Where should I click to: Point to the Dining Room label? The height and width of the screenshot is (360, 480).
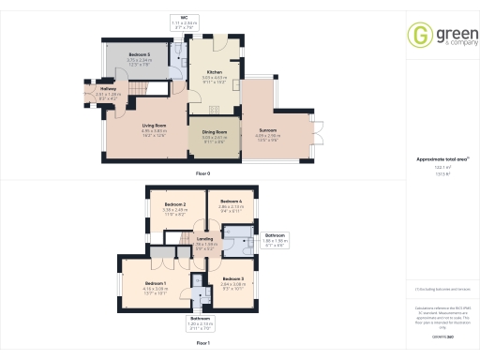click(215, 134)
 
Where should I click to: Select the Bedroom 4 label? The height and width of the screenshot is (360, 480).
click(231, 201)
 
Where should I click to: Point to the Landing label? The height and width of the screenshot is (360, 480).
click(204, 238)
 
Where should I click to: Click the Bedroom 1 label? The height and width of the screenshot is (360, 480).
click(156, 282)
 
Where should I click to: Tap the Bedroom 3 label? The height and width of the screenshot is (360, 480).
click(233, 279)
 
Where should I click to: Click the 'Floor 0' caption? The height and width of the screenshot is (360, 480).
click(202, 175)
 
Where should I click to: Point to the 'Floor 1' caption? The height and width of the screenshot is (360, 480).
click(202, 343)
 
